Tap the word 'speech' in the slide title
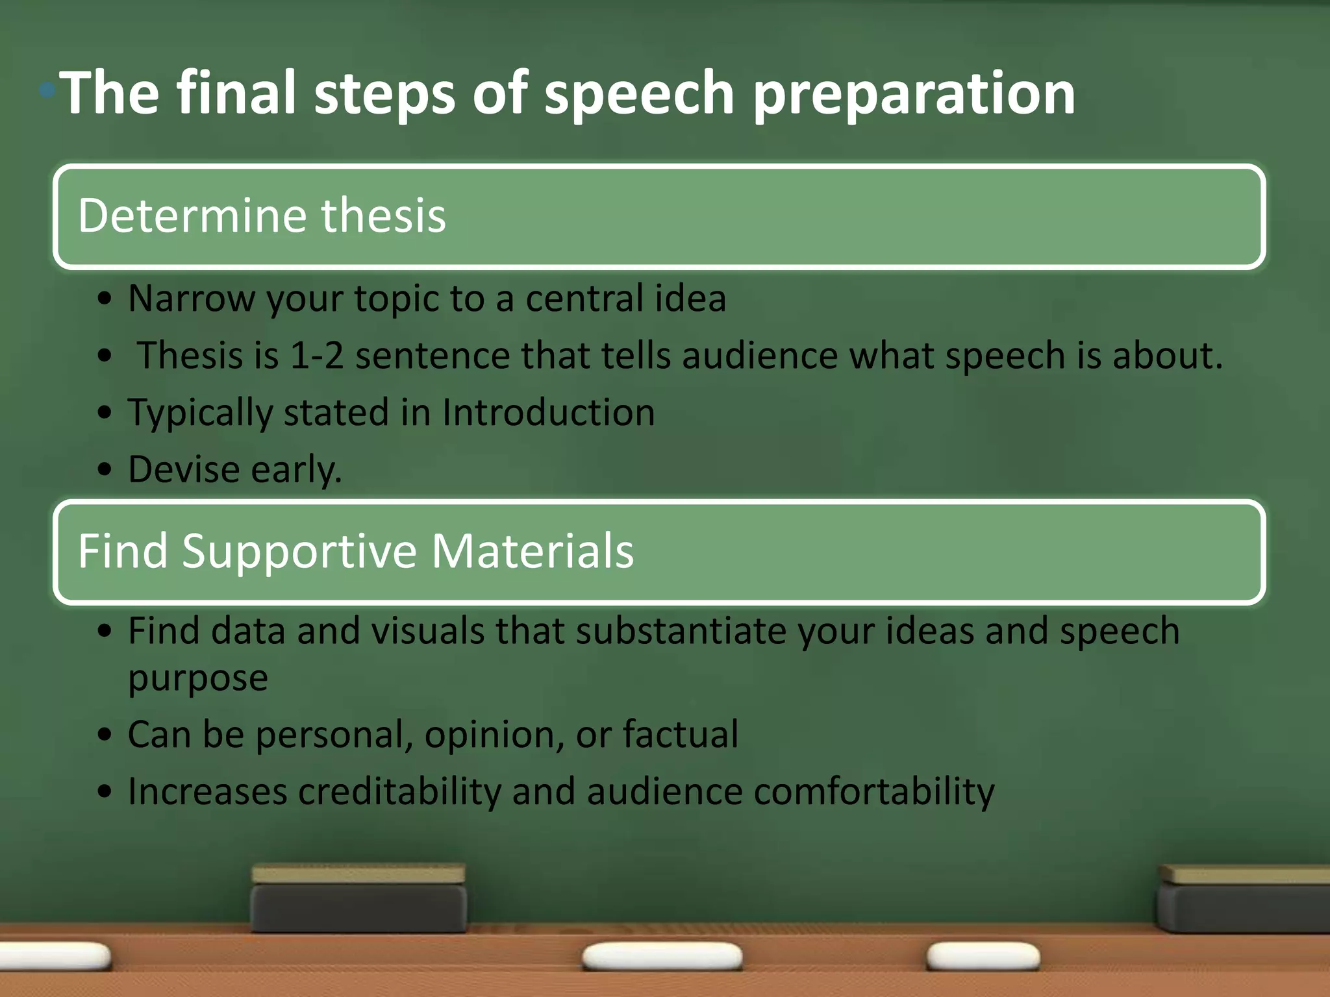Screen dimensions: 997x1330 point(639,94)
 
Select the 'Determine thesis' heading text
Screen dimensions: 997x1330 point(262,215)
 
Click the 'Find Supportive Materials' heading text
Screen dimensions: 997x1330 point(355,551)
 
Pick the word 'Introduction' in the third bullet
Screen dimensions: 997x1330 point(548,413)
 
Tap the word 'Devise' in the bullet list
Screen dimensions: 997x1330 point(184,469)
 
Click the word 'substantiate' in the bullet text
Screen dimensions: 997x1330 point(681,631)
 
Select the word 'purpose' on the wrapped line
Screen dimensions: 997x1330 point(198,678)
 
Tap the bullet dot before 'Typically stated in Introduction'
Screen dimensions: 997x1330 point(105,413)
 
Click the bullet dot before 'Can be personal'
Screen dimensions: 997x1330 point(105,735)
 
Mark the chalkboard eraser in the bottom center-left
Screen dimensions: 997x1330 point(358,899)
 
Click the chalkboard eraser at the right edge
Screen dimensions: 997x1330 point(1244,899)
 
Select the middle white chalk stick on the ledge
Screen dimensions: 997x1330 point(662,957)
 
